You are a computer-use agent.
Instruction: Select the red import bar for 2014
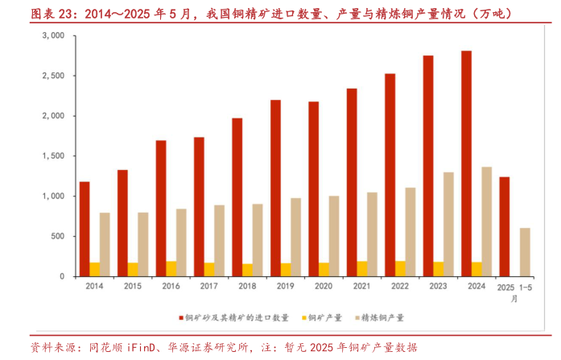point(85,229)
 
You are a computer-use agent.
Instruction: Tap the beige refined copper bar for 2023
point(448,224)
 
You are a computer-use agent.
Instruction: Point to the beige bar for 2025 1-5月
point(525,252)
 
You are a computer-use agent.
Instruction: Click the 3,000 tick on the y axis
point(53,36)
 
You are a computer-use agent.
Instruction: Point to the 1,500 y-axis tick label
point(53,156)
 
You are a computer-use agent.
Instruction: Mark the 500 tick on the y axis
point(58,236)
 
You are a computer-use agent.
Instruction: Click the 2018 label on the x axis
point(247,287)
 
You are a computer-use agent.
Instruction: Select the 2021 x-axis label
point(361,287)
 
